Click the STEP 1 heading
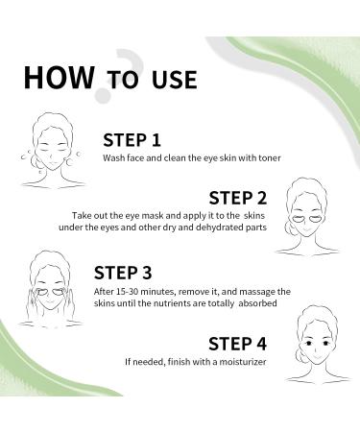click(x=132, y=139)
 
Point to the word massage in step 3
click(x=247, y=290)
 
